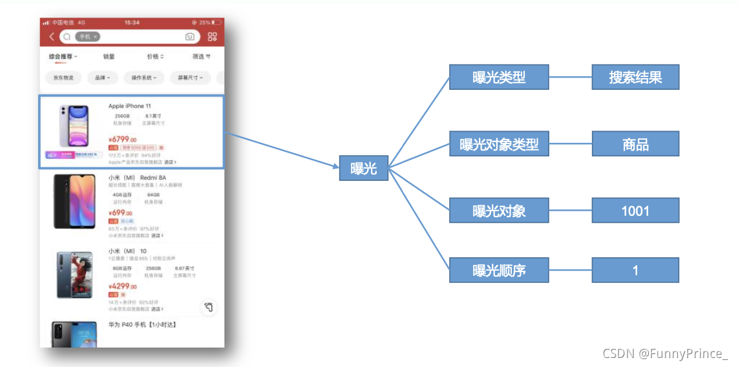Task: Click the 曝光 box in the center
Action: point(364,169)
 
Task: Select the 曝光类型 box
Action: point(499,78)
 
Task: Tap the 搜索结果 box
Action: point(635,78)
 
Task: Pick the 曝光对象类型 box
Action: point(499,144)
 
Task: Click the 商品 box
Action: point(635,144)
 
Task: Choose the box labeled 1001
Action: point(635,211)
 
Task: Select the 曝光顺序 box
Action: point(499,270)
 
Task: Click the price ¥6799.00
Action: point(122,139)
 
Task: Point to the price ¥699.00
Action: point(120,213)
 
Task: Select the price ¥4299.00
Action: point(122,286)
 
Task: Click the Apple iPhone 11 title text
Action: point(129,106)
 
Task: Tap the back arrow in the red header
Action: point(52,37)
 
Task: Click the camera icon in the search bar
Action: point(190,37)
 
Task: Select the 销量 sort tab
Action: point(109,57)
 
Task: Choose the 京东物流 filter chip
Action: point(63,78)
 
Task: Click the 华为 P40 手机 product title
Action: point(142,324)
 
